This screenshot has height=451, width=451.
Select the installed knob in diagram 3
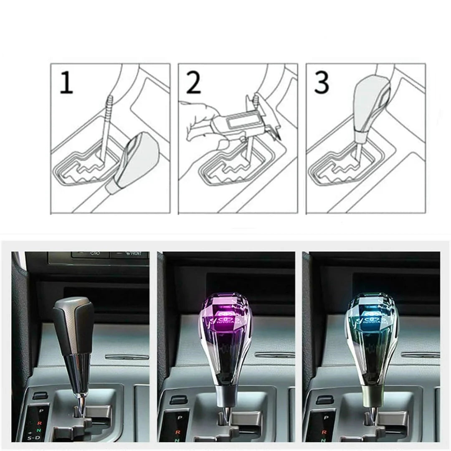point(370,104)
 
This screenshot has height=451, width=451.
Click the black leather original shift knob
point(73,326)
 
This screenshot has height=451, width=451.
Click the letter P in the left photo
point(41,410)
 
